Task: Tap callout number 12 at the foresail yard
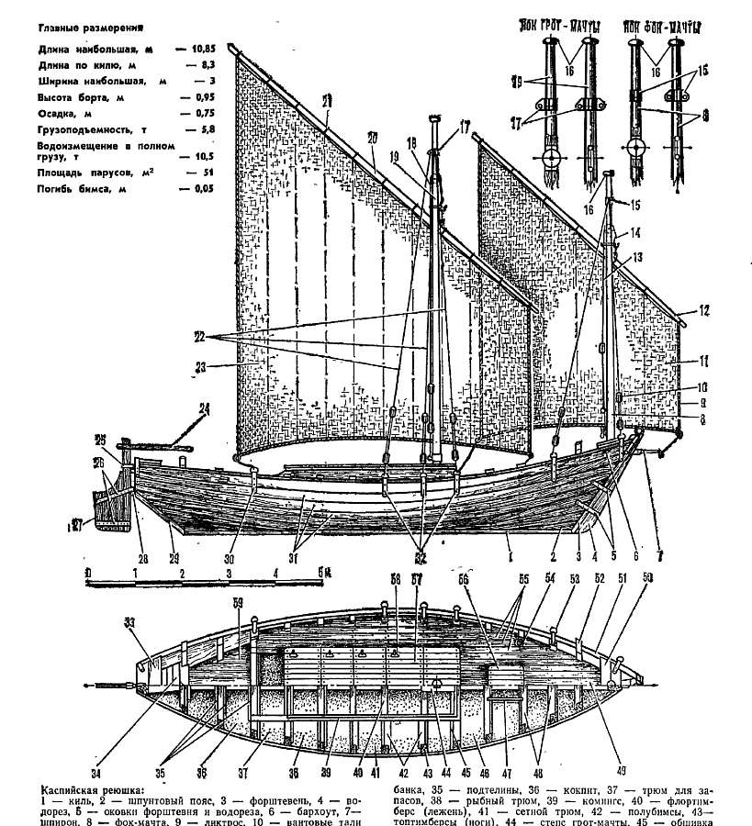coord(704,311)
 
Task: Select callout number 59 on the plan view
coord(238,603)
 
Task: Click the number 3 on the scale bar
coord(228,574)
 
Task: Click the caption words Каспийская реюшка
coord(94,788)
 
